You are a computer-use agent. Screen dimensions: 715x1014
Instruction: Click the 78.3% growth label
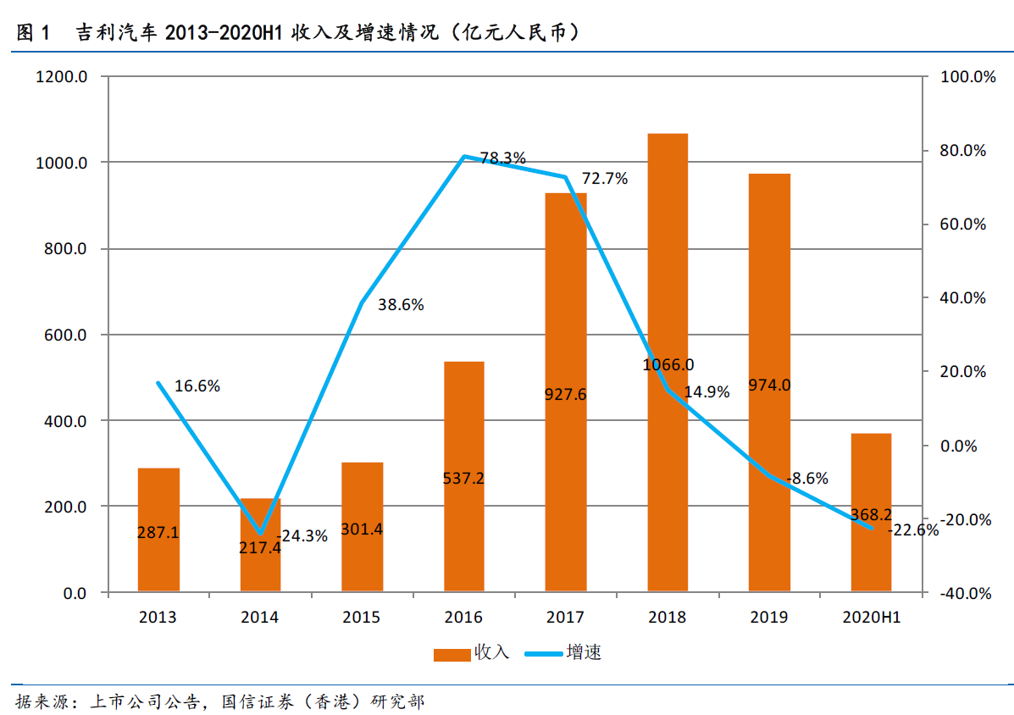(x=502, y=158)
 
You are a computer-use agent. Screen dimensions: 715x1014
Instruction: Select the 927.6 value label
(x=566, y=394)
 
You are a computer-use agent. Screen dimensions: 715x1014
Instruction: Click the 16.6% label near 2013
(x=197, y=386)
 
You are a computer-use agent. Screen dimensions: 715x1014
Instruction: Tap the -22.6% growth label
(x=913, y=530)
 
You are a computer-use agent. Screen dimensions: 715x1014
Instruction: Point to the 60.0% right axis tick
(x=964, y=224)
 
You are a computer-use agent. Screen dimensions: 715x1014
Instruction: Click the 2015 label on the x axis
(x=362, y=618)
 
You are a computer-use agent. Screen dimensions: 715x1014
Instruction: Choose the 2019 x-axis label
(x=769, y=618)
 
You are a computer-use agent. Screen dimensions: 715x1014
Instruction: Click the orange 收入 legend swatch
(x=452, y=654)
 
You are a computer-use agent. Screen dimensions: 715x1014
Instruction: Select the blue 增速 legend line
(x=544, y=654)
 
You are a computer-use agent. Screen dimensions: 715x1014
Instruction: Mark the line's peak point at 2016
(x=464, y=157)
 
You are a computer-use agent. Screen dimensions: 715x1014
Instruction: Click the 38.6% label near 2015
(x=400, y=305)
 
